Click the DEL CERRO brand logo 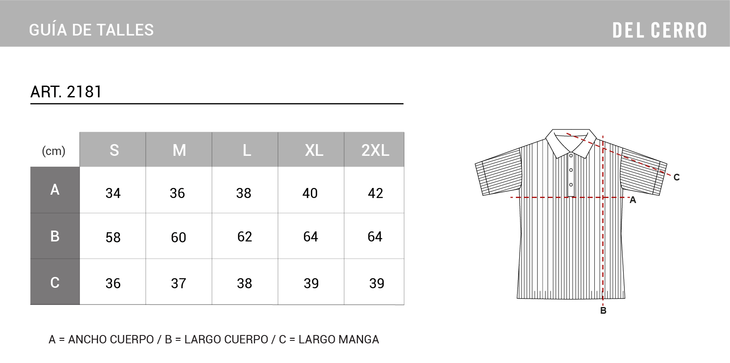click(x=659, y=30)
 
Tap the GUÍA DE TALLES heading click(x=91, y=30)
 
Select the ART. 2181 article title click(x=66, y=92)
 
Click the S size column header click(x=114, y=150)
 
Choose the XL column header click(x=314, y=150)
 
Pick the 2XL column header click(x=375, y=150)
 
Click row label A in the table click(x=55, y=190)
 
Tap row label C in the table click(x=55, y=282)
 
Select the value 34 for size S click(x=113, y=193)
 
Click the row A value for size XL click(x=310, y=193)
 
